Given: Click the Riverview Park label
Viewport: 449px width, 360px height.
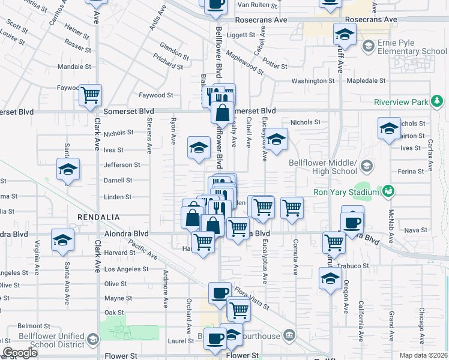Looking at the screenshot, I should coord(401,102).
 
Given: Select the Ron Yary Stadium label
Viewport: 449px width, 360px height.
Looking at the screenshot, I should coord(346,193).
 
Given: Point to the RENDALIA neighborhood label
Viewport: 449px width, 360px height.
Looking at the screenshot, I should coord(98,217).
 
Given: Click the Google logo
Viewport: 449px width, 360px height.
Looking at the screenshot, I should coord(20,353).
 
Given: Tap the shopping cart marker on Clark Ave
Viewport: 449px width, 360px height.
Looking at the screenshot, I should coord(91,95).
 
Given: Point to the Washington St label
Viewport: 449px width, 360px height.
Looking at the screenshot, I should coord(313,81).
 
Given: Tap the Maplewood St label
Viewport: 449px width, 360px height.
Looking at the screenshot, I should coord(245,62).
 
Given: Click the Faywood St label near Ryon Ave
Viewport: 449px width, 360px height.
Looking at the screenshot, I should coord(156,95).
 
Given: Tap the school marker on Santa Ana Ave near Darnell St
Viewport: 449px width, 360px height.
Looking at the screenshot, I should coord(68,170).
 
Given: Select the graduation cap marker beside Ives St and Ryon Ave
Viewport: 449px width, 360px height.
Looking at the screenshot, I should coord(199,148).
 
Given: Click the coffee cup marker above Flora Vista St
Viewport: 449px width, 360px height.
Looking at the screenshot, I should coord(220,293).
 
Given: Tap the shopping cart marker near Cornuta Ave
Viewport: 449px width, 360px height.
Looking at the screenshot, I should coord(292,208).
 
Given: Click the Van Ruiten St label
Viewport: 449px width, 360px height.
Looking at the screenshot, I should coord(258,5).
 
